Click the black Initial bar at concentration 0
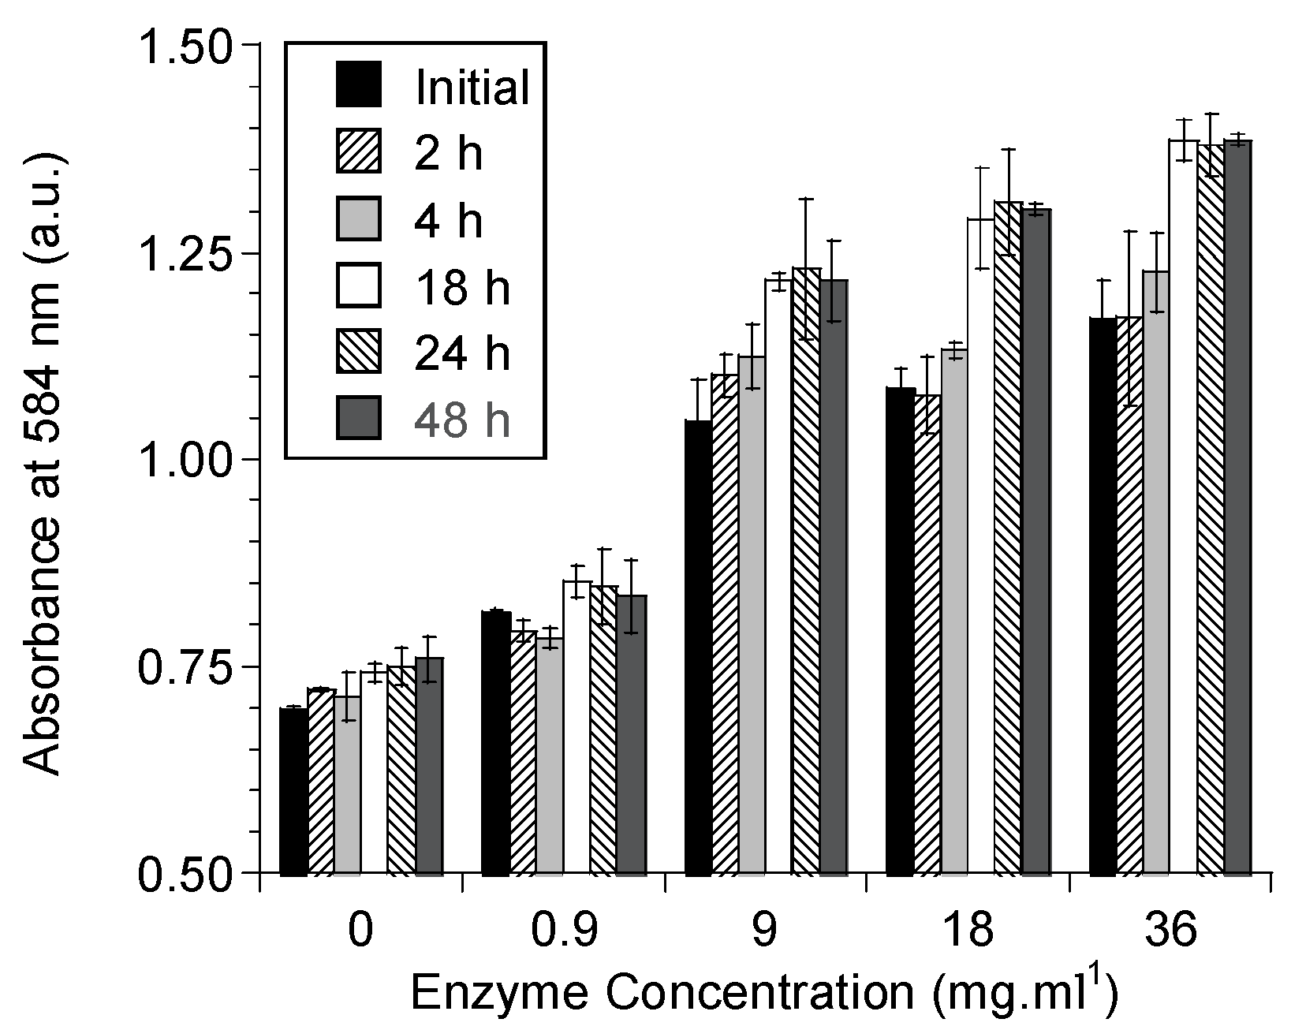[x=293, y=791]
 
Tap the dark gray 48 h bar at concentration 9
[x=834, y=576]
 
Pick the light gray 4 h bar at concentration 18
[x=955, y=611]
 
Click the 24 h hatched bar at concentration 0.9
[x=603, y=730]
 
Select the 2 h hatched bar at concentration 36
[x=1129, y=595]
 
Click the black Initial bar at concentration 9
[x=699, y=647]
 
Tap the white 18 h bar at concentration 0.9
[x=576, y=726]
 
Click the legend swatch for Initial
[x=359, y=84]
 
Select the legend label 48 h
[x=462, y=420]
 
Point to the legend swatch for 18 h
[x=359, y=285]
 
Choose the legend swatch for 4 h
[x=359, y=218]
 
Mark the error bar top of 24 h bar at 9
[x=806, y=199]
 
